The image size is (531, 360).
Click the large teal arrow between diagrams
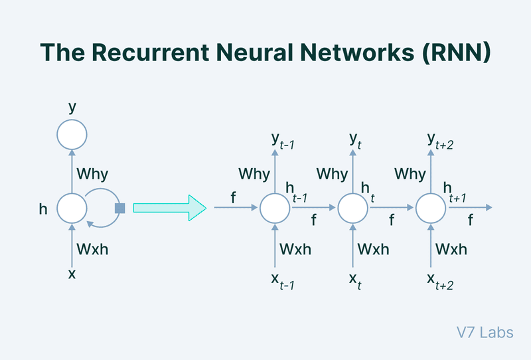coord(170,208)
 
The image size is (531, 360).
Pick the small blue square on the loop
coord(119,209)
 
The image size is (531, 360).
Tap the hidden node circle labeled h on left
coord(72,209)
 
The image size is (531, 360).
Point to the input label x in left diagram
coord(72,272)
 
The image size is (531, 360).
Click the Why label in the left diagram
coord(92,175)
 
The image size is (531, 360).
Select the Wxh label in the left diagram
coord(94,249)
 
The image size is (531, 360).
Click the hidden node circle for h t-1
coord(274,209)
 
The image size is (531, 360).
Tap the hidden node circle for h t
coord(353,209)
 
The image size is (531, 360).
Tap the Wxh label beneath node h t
coord(374,249)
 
